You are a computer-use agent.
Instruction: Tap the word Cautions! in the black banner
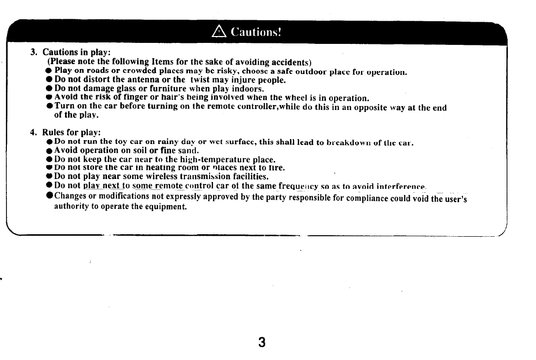(x=255, y=33)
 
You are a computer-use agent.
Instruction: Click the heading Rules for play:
(x=71, y=132)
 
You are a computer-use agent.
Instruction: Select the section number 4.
(x=33, y=132)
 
